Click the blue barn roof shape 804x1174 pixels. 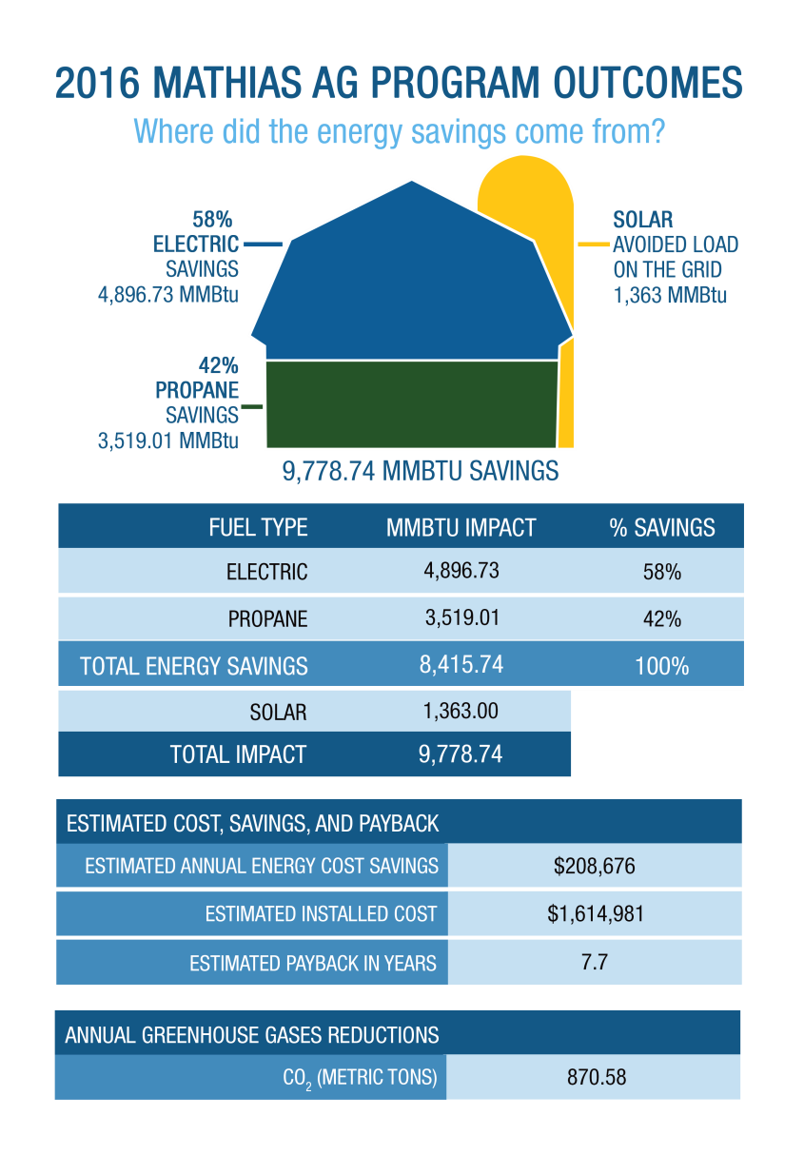coord(411,276)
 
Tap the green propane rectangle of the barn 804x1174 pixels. coord(411,403)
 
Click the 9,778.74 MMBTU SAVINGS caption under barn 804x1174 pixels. coord(420,472)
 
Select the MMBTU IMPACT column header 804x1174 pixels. coord(461,528)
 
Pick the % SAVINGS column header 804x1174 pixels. coord(662,528)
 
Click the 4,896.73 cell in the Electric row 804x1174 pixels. coord(461,571)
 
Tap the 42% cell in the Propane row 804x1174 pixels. coord(662,618)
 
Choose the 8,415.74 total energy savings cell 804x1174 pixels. coord(461,665)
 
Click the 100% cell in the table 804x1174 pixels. coord(662,666)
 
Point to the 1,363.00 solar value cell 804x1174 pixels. coord(461,711)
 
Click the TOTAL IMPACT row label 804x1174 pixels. coord(238,755)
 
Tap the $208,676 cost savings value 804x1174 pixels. coord(595,867)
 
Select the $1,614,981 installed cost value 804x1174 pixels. coord(596,914)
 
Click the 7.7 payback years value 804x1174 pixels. coord(595,962)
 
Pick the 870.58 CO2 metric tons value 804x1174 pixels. coord(595,1078)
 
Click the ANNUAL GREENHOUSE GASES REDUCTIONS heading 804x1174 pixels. coord(252,1035)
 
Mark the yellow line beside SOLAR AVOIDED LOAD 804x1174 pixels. coord(594,245)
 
